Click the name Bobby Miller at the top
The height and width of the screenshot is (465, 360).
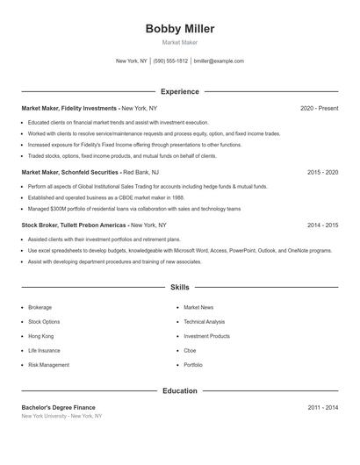point(180,28)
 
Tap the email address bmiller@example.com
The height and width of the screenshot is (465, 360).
point(218,61)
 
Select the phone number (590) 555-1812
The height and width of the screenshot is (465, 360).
point(170,61)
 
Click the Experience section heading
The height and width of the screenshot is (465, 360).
point(180,91)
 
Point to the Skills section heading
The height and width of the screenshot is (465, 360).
point(180,287)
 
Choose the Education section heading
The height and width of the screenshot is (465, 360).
point(180,390)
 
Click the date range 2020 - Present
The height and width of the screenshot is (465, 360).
point(319,108)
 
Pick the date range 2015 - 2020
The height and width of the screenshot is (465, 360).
point(322,173)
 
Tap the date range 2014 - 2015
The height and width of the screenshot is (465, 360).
point(322,225)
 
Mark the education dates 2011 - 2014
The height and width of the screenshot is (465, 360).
point(322,407)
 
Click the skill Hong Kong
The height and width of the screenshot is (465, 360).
point(40,336)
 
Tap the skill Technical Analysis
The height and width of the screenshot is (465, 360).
point(204,322)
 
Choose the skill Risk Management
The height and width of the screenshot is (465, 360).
point(48,365)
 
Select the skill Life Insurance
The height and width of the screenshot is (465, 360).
point(44,350)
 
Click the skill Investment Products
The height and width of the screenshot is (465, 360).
point(206,336)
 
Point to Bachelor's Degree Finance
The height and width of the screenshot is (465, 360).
point(58,407)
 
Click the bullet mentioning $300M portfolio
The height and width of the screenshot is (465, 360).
point(133,209)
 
